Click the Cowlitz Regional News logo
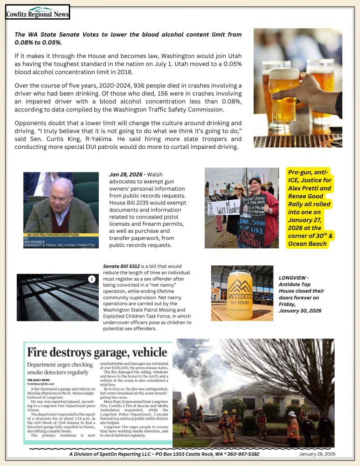point(37,12)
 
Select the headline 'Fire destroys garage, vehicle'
point(97,352)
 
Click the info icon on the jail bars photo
point(91,279)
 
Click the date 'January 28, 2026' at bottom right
point(317,454)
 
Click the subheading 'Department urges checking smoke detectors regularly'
point(60,369)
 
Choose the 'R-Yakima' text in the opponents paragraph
point(121,139)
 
